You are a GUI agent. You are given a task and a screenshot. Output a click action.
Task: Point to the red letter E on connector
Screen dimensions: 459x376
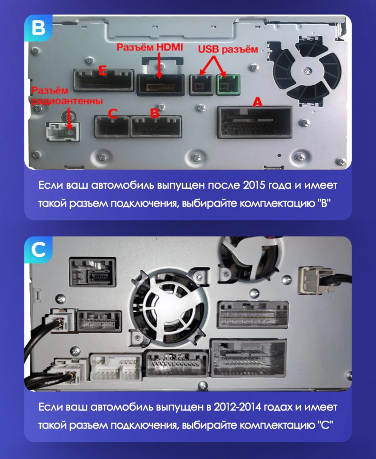point(101,71)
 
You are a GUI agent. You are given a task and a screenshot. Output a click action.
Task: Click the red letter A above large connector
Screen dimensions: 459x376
point(257,102)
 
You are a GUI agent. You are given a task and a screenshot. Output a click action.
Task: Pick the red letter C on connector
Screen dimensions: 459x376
point(112,114)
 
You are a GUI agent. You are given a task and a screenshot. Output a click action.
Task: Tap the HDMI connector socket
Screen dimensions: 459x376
point(160,85)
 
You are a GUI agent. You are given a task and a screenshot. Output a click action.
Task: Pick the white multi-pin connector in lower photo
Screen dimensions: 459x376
point(115,367)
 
